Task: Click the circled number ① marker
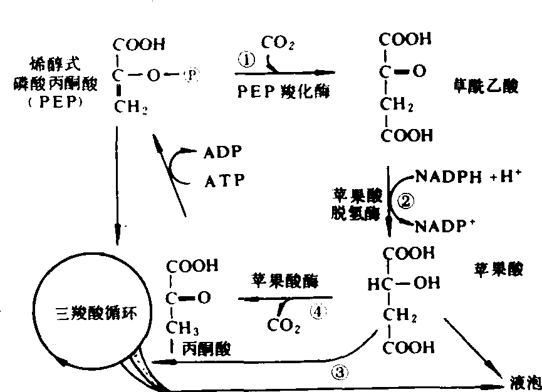(247, 60)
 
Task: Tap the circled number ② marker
(407, 202)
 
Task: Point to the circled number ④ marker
(319, 311)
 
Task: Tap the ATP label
(223, 181)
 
